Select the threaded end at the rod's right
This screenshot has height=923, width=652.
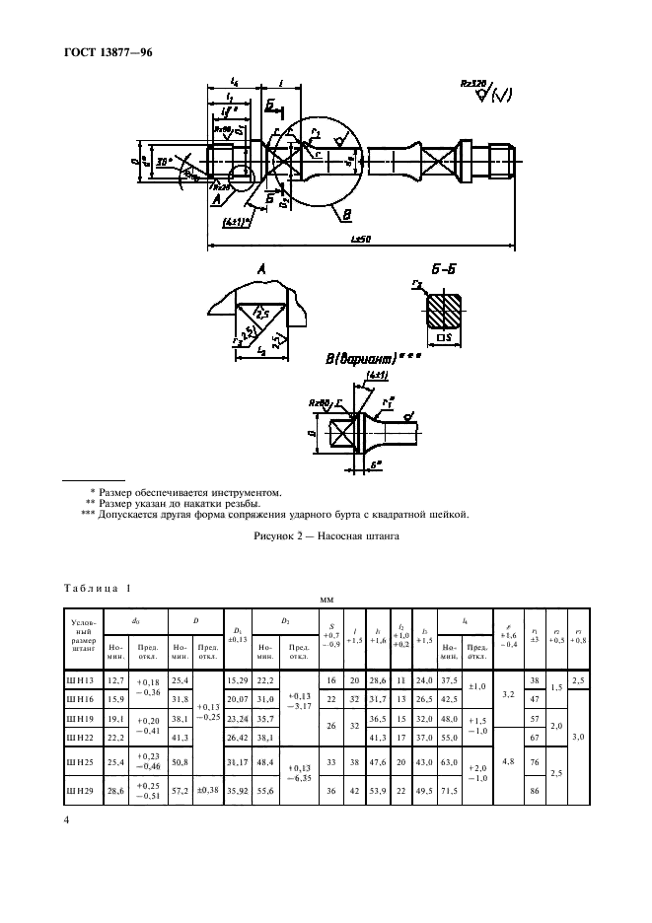[x=497, y=156]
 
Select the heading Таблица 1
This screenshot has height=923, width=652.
[x=97, y=588]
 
